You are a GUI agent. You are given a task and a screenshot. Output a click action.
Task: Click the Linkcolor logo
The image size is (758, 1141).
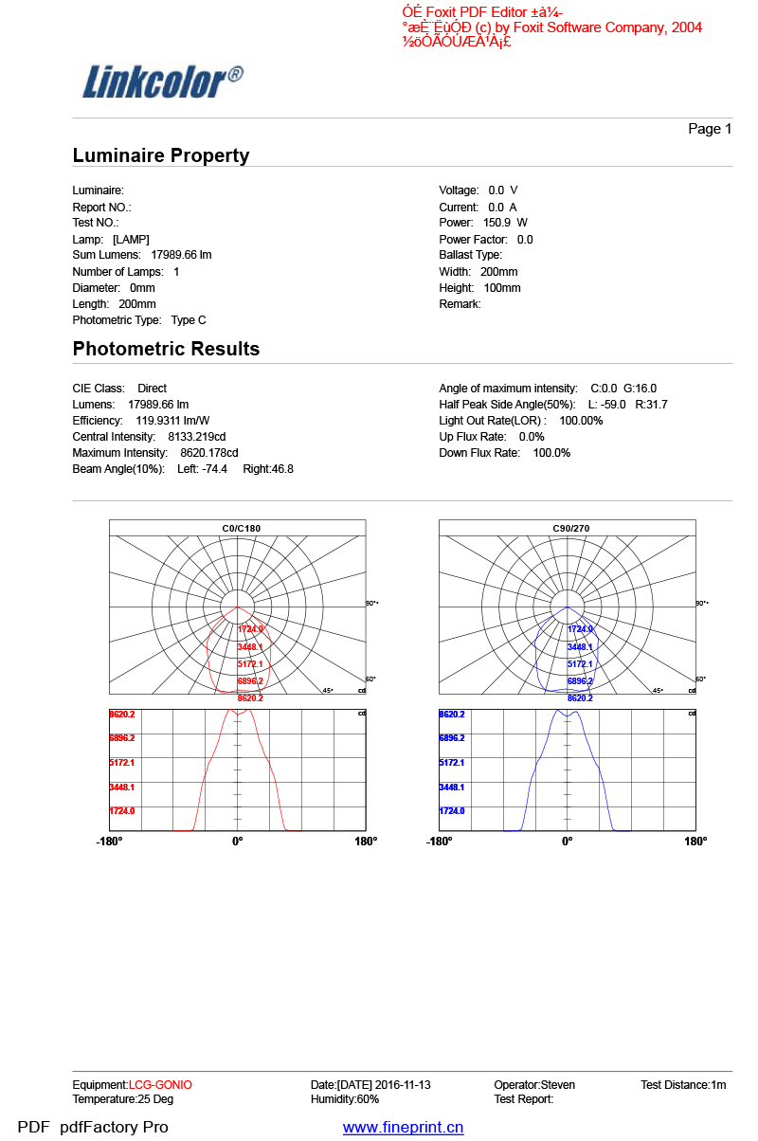(x=161, y=81)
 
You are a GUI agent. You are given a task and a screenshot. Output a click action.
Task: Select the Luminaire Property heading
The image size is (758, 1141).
(x=161, y=155)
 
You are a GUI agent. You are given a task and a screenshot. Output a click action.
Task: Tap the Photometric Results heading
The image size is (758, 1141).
(x=166, y=349)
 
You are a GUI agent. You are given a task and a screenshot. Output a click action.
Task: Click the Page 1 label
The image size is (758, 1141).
(x=710, y=129)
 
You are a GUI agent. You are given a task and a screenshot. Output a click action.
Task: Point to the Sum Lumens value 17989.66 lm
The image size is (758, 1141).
(x=181, y=255)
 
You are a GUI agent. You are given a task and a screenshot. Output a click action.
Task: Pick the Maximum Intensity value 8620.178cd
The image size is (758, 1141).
(x=208, y=453)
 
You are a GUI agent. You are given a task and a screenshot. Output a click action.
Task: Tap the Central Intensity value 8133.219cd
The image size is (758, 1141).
(x=196, y=437)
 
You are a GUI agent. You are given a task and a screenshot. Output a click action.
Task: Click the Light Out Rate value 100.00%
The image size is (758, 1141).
(x=581, y=421)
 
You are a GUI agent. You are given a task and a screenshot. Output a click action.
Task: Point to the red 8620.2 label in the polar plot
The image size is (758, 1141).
(x=250, y=698)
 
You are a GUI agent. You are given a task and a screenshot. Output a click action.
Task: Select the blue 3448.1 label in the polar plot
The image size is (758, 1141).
(x=580, y=647)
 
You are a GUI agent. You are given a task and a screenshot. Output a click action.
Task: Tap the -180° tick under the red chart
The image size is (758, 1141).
(x=109, y=842)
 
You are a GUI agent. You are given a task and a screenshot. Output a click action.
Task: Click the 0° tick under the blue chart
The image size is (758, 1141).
(x=567, y=842)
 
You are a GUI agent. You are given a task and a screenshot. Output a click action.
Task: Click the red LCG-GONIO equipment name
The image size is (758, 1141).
(x=160, y=1084)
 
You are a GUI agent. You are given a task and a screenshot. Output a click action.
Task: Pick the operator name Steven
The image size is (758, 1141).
(x=557, y=1084)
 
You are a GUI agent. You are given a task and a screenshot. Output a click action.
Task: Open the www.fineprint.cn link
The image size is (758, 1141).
(x=403, y=1127)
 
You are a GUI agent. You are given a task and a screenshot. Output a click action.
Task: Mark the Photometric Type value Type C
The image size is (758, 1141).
(x=189, y=320)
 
